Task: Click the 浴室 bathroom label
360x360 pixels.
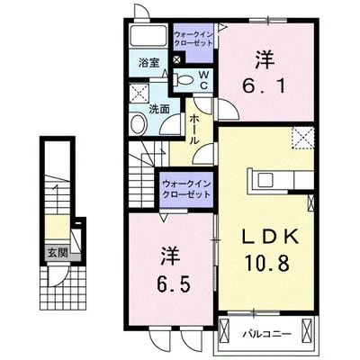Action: pos(148,63)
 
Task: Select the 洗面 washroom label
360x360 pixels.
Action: pos(159,110)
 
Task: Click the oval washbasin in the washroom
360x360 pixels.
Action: pos(138,123)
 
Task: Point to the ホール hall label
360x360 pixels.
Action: pos(193,130)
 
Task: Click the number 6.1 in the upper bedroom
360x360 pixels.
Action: pos(264,86)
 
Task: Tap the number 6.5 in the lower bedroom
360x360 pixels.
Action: pos(174,284)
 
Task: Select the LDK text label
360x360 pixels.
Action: pos(270,237)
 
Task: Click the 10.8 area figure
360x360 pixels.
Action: pos(267,262)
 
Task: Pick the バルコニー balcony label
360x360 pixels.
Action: pos(267,334)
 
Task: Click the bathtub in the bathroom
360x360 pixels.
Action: pos(148,36)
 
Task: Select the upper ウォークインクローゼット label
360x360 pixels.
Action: pos(193,39)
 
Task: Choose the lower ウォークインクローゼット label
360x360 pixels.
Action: pos(186,189)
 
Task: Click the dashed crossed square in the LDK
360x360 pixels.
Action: pos(303,138)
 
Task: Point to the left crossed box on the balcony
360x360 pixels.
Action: pos(224,329)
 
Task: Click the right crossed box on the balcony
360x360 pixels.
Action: pos(307,329)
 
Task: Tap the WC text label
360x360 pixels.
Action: pos(203,80)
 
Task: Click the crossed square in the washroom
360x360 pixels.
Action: pos(139,94)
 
